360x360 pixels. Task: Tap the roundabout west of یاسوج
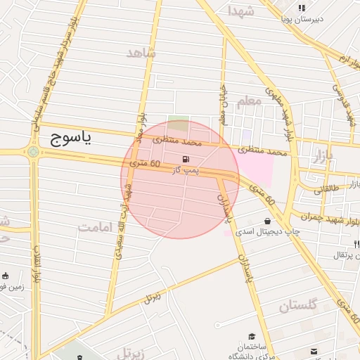pyautogui.click(x=33, y=151)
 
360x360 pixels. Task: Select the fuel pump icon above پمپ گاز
pyautogui.click(x=186, y=160)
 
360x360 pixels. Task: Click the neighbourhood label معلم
pyautogui.click(x=249, y=101)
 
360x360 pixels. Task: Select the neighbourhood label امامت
pyautogui.click(x=96, y=227)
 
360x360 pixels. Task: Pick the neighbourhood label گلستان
pyautogui.click(x=298, y=305)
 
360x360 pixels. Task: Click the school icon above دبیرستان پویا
pyautogui.click(x=302, y=8)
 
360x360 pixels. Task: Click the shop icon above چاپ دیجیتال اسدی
pyautogui.click(x=268, y=221)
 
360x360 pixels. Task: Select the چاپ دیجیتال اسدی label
pyautogui.click(x=268, y=231)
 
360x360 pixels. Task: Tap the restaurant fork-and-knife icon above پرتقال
pyautogui.click(x=356, y=244)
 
